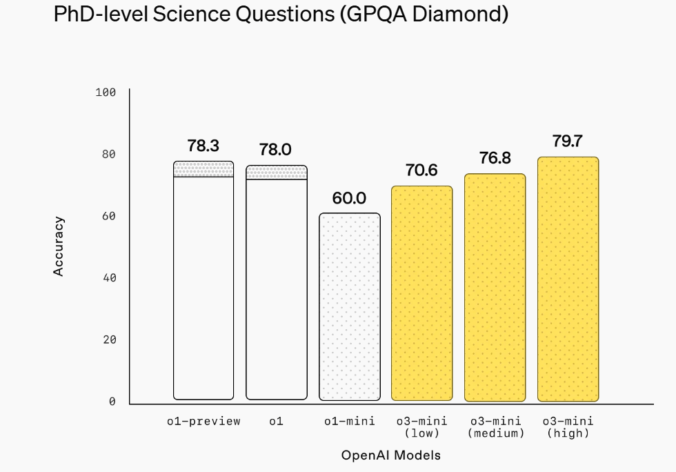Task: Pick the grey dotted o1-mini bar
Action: (x=350, y=307)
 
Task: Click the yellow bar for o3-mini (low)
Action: (x=422, y=293)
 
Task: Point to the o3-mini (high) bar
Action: (x=568, y=279)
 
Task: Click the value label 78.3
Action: (x=203, y=146)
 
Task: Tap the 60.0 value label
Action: (x=349, y=198)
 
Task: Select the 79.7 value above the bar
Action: (x=568, y=141)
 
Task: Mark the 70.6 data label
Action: (x=421, y=170)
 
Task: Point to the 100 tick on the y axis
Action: (x=106, y=92)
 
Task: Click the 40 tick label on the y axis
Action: (x=109, y=278)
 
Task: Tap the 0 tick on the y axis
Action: (x=112, y=402)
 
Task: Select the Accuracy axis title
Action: (x=59, y=246)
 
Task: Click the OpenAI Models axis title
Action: (x=390, y=455)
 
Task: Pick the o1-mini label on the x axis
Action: (x=350, y=421)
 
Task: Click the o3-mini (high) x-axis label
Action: (x=568, y=427)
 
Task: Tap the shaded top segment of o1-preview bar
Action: (x=203, y=169)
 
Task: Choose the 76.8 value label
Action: (x=495, y=158)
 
